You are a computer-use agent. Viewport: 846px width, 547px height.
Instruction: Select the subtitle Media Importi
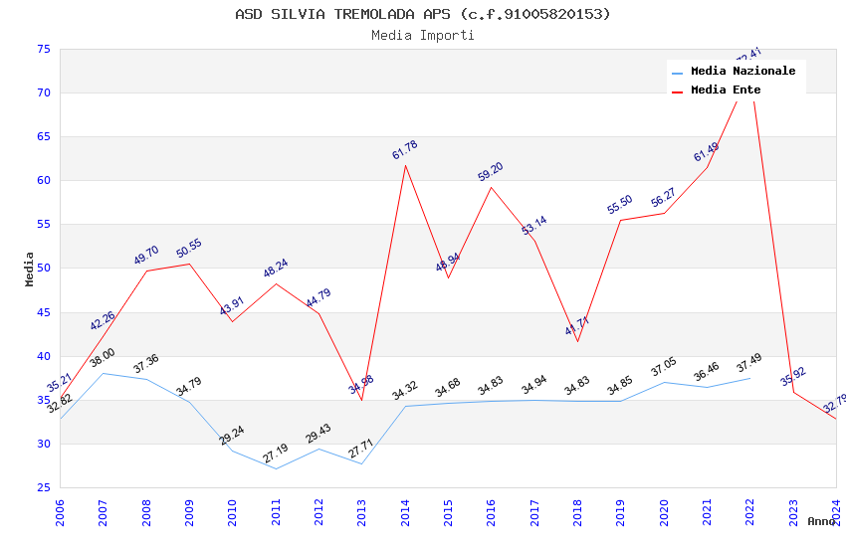pos(422,36)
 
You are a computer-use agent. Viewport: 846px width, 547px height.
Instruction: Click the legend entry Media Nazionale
pos(742,72)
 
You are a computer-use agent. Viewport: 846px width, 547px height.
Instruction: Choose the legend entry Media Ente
pos(726,91)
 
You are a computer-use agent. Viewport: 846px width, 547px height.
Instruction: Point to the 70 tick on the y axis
pos(43,93)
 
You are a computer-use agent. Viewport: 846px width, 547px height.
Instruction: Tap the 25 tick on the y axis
pos(43,487)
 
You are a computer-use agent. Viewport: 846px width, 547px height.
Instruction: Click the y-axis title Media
pos(30,269)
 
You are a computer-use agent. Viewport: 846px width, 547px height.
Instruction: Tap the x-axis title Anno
pos(821,521)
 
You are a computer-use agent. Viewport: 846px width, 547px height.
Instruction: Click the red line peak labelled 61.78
pos(405,165)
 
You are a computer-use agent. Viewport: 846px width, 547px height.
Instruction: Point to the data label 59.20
pos(491,171)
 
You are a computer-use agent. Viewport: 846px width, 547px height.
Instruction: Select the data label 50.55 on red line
pos(189,249)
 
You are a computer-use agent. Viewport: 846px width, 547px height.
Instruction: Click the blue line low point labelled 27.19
pos(276,468)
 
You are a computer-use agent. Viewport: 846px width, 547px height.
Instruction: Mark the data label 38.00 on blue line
pos(103,358)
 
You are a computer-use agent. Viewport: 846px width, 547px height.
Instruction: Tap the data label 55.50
pos(620,205)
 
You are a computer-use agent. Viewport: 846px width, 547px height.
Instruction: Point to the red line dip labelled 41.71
pos(577,341)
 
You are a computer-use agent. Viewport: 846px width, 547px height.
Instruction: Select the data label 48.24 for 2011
pos(276,269)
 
